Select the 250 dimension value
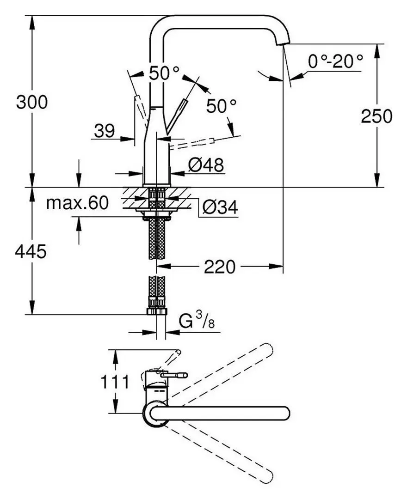[376, 116]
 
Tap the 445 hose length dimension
[31, 252]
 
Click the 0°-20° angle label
[335, 61]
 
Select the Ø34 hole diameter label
[220, 209]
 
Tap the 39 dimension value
[104, 132]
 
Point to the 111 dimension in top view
[115, 382]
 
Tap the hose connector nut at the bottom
[157, 310]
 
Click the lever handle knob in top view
[183, 375]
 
